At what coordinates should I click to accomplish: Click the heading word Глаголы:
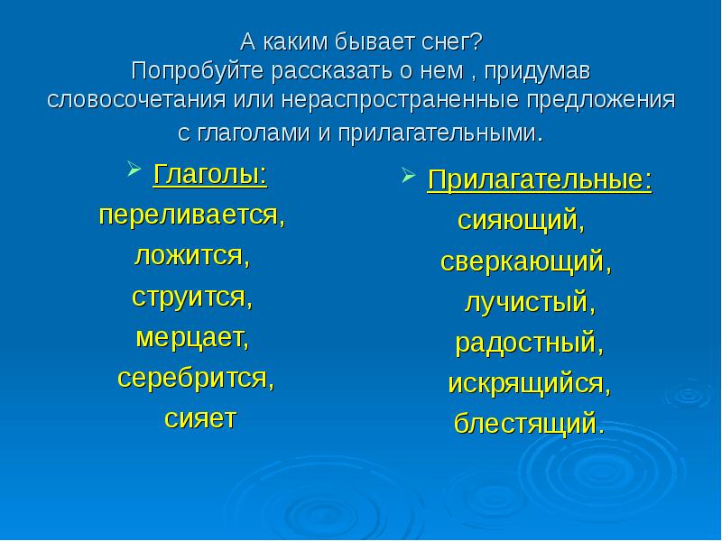click(209, 173)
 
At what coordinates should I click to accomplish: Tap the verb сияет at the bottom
click(199, 418)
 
